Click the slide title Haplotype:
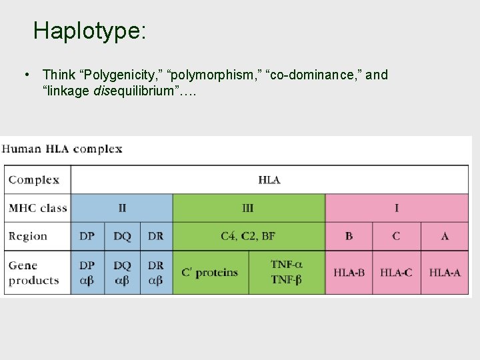click(89, 31)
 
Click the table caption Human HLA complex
click(62, 149)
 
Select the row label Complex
click(34, 180)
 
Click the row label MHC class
click(38, 208)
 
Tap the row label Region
click(28, 236)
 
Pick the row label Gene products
click(34, 273)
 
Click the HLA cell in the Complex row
click(269, 180)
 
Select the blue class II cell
click(122, 208)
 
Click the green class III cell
click(248, 208)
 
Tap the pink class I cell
click(397, 208)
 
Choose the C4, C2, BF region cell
click(248, 236)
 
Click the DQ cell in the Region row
click(122, 236)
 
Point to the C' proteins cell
click(210, 273)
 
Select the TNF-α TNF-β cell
click(286, 273)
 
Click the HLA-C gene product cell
click(396, 273)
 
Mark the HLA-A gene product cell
click(445, 273)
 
